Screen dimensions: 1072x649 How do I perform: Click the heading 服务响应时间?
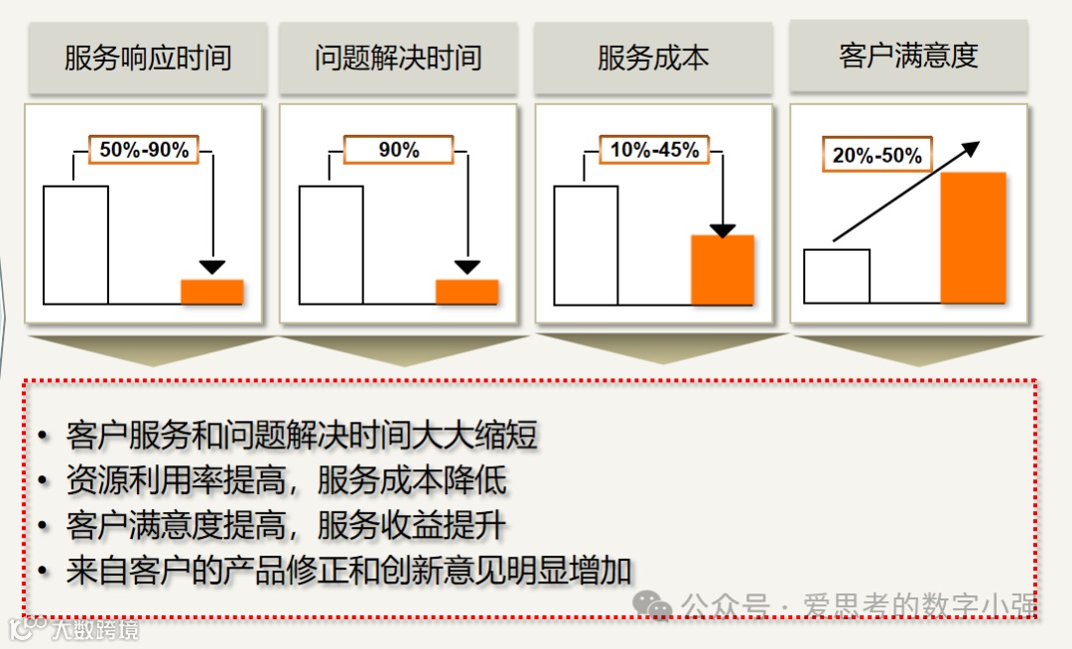point(148,59)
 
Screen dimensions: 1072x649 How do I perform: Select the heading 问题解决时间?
point(398,59)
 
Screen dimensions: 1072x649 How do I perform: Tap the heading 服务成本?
point(653,59)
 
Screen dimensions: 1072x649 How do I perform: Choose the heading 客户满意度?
point(908,56)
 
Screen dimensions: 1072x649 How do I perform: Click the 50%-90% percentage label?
point(144,150)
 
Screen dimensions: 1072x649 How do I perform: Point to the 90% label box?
point(399,150)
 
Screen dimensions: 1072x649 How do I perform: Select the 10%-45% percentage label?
point(654,150)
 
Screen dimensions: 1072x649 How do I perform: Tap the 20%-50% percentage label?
point(877,156)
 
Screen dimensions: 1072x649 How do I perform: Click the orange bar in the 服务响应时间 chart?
point(212,292)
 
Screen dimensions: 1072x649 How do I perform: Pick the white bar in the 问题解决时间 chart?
point(331,244)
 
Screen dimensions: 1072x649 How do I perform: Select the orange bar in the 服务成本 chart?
point(723,270)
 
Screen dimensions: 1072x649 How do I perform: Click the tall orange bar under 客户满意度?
point(973,237)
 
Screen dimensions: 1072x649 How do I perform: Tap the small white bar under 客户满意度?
point(837,276)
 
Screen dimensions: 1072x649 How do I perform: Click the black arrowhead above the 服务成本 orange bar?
point(723,231)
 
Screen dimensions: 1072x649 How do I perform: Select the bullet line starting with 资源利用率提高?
point(286,481)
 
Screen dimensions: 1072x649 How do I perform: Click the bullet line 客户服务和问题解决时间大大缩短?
point(302,436)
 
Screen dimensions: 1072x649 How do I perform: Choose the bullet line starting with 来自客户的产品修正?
point(348,571)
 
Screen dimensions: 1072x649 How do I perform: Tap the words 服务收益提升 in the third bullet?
point(412,526)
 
